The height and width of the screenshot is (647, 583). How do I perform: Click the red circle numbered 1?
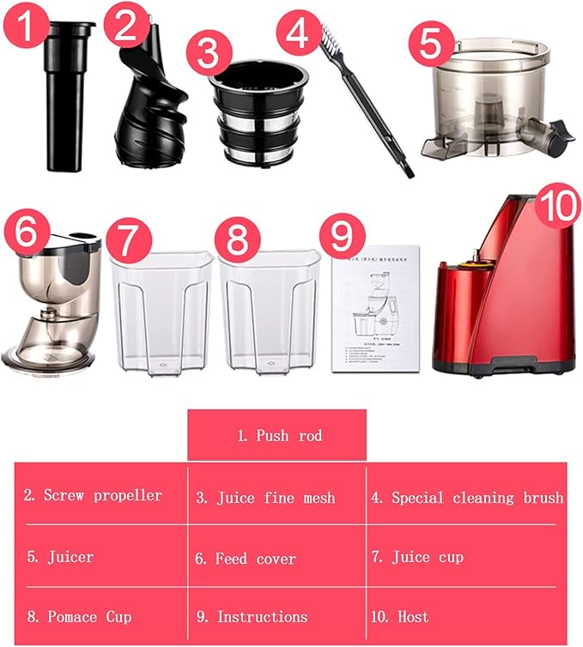coord(28,31)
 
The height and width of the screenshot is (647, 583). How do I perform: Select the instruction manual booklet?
coord(375,309)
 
